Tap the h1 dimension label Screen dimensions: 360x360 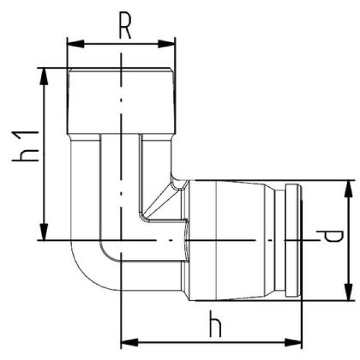[26, 145]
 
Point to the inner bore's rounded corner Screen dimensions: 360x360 [107, 253]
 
